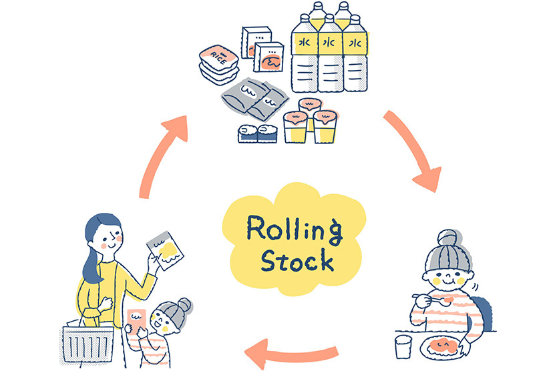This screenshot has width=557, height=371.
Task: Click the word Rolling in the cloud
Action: pos(294,229)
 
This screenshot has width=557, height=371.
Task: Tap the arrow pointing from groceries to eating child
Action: pos(413,153)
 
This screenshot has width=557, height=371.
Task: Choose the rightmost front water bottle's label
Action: pos(355,45)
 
